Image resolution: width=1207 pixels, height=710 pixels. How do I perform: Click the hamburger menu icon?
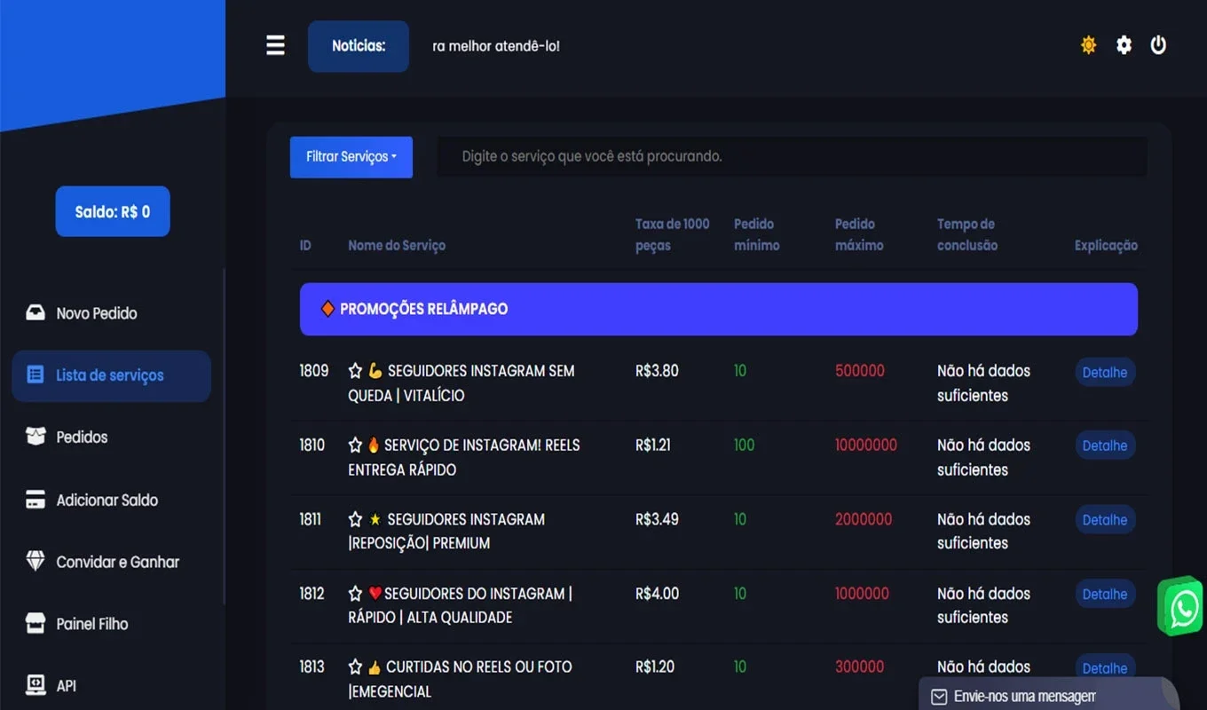pyautogui.click(x=275, y=45)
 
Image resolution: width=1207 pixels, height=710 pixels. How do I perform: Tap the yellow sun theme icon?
pyautogui.click(x=1088, y=44)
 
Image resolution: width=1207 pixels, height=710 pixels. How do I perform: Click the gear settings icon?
pyautogui.click(x=1124, y=44)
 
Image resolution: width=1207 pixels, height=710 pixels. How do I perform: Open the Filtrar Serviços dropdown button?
pyautogui.click(x=351, y=157)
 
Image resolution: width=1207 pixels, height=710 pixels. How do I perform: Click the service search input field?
pyautogui.click(x=792, y=156)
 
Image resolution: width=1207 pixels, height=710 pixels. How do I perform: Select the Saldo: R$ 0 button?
pyautogui.click(x=113, y=211)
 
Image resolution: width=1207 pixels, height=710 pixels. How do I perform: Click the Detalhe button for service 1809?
pyautogui.click(x=1105, y=372)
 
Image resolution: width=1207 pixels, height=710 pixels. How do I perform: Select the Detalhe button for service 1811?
pyautogui.click(x=1105, y=520)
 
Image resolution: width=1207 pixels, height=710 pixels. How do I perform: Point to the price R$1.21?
pyautogui.click(x=653, y=445)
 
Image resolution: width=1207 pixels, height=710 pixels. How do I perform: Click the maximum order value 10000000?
pyautogui.click(x=866, y=445)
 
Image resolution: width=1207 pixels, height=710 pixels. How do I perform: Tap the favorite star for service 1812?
pyautogui.click(x=355, y=594)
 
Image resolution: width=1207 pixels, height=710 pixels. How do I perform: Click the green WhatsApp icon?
pyautogui.click(x=1180, y=606)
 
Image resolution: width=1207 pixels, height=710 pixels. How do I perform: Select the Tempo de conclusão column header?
pyautogui.click(x=967, y=234)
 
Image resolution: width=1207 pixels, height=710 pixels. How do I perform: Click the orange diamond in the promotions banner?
pyautogui.click(x=327, y=309)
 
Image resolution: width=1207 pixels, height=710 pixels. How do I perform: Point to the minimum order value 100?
pyautogui.click(x=744, y=445)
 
